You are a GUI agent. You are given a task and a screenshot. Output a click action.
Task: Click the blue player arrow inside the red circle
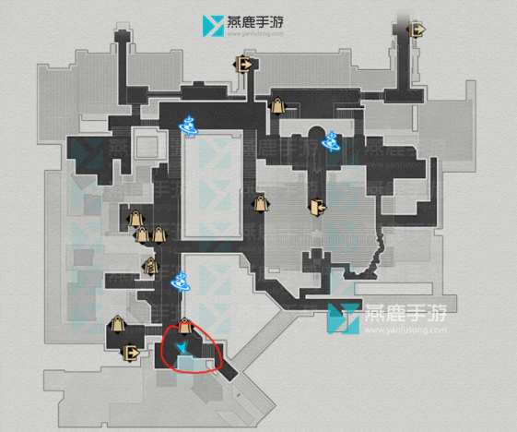(x=182, y=347)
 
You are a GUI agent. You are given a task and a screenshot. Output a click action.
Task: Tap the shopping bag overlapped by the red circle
(x=184, y=327)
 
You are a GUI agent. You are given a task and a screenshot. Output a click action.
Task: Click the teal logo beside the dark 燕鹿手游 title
(x=213, y=26)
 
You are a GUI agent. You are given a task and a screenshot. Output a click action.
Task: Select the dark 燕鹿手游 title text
(x=255, y=22)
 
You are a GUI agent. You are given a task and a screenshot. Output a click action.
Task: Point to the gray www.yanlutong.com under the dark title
(x=255, y=33)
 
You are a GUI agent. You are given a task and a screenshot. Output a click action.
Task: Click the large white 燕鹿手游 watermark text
(x=405, y=313)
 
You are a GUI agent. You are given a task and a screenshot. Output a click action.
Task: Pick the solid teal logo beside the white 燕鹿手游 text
(x=343, y=318)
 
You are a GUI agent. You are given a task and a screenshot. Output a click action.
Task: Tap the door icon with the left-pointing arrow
(x=317, y=208)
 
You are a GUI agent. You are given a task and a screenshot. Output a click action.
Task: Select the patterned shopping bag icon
(x=151, y=266)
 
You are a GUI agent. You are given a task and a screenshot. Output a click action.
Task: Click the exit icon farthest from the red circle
(x=417, y=30)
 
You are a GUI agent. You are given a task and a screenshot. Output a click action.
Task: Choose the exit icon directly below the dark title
(x=244, y=64)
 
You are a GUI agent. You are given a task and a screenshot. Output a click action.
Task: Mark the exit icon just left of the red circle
(x=131, y=353)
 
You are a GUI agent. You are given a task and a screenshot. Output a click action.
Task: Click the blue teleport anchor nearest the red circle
(x=181, y=282)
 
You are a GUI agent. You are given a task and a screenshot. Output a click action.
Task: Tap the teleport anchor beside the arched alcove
(x=331, y=141)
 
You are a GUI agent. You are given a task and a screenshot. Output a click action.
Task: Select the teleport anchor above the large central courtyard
(x=188, y=126)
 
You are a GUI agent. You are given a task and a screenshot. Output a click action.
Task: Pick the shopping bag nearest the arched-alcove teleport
(x=277, y=105)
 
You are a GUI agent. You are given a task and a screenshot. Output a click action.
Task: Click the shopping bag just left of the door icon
(x=261, y=204)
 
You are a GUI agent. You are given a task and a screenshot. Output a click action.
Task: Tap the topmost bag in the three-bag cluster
(x=135, y=219)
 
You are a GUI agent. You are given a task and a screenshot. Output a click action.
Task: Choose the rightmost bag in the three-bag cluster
(x=159, y=234)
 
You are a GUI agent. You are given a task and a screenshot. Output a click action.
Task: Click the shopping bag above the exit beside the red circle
(x=117, y=324)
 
